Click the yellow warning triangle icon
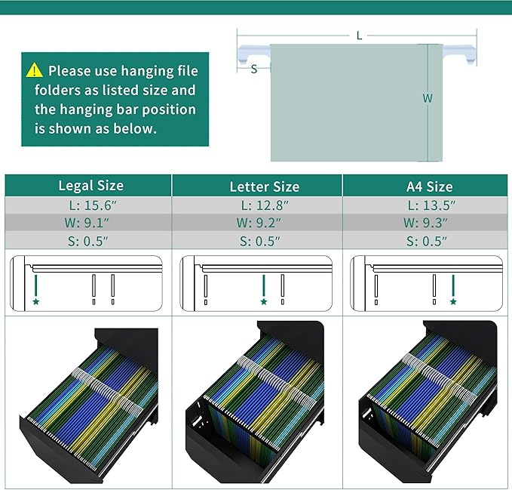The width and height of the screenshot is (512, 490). (34, 70)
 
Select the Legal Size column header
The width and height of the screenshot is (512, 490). (91, 186)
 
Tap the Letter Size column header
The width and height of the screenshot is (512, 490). (265, 186)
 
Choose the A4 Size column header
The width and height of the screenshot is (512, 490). (430, 186)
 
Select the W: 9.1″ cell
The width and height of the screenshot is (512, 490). (87, 223)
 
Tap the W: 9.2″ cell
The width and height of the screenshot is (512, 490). (259, 223)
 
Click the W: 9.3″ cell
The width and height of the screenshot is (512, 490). (425, 223)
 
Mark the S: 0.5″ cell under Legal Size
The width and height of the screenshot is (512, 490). (87, 241)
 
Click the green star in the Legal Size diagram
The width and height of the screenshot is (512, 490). (36, 301)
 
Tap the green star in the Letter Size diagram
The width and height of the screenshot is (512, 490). (264, 301)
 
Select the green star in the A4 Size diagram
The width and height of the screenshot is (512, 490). (453, 301)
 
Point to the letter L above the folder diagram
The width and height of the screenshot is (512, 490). (359, 35)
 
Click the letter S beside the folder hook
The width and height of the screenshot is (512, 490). (254, 69)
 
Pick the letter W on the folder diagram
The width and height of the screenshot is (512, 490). (428, 98)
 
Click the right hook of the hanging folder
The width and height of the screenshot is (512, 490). (460, 53)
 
